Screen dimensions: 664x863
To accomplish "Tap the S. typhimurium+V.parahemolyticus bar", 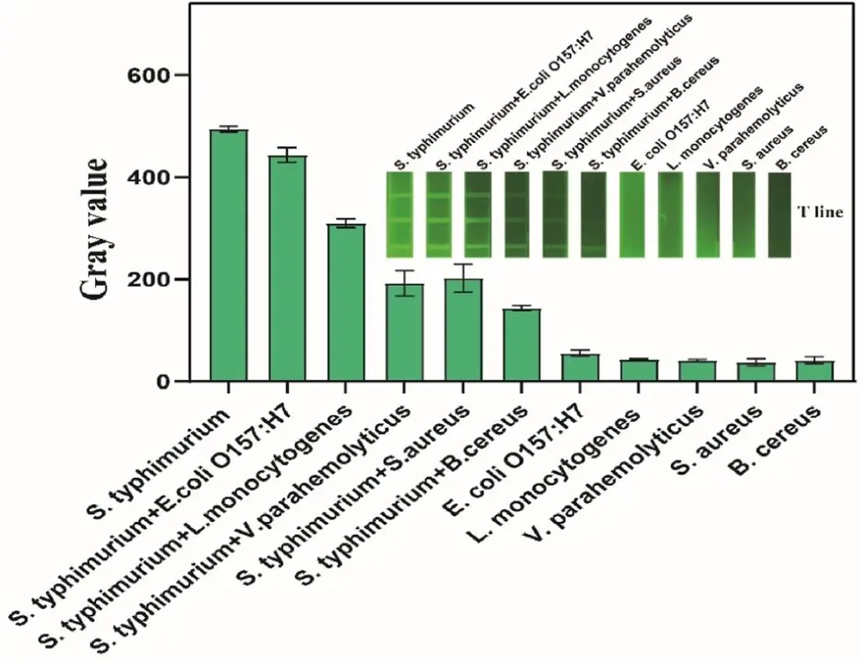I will coord(404,333).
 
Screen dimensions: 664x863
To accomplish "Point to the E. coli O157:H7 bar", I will coord(579,368).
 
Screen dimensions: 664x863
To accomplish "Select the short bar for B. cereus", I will coord(815,371).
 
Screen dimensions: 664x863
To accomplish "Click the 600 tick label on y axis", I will coord(169,76).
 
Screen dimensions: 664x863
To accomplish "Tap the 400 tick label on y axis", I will coord(169,178).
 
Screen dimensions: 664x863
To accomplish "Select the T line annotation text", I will coord(820,212).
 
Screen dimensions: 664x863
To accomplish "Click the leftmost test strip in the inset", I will coord(398,215).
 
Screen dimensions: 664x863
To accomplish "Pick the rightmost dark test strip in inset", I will coord(779,215).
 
